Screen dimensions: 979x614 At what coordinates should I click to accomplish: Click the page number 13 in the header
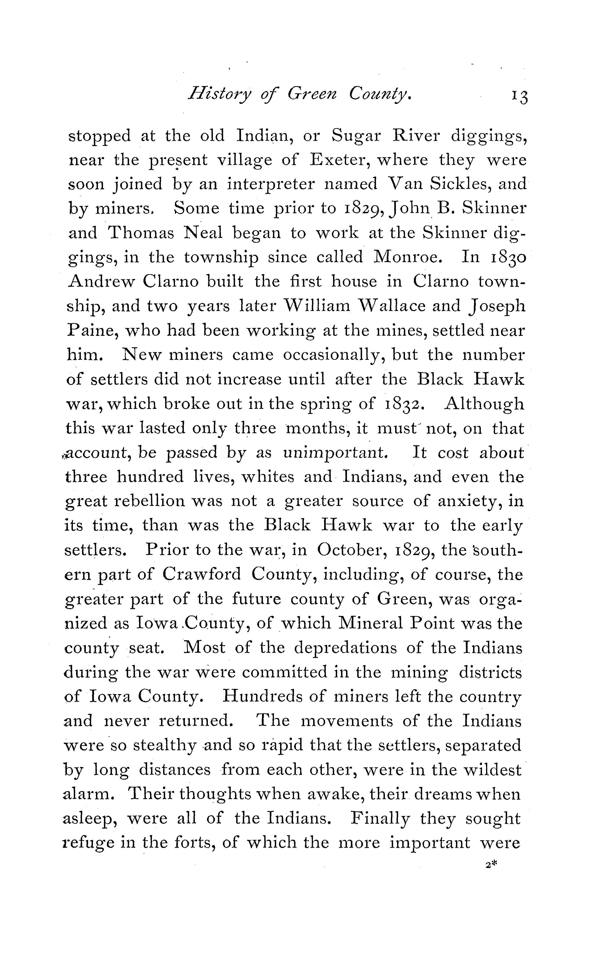[x=520, y=97]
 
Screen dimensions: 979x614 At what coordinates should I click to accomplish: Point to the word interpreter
[x=270, y=185]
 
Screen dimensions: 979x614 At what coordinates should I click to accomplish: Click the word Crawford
[x=202, y=575]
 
